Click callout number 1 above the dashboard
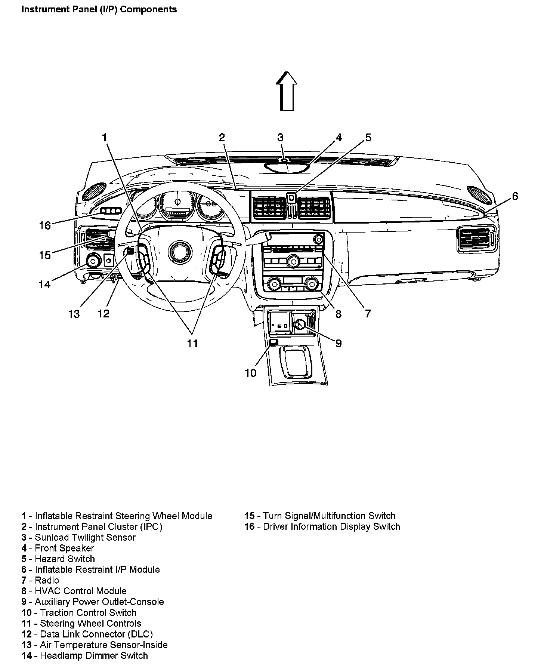click(105, 138)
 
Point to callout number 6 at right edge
click(515, 196)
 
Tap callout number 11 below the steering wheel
click(192, 343)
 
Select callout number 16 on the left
click(45, 225)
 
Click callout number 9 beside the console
click(339, 343)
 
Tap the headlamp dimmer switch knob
click(93, 260)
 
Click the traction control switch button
click(273, 342)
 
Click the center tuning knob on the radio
click(292, 261)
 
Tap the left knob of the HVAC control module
click(273, 283)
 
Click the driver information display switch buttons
click(111, 211)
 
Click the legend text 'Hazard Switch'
click(65, 559)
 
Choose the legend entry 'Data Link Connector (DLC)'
click(96, 634)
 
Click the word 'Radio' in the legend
click(47, 580)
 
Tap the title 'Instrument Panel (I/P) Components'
click(99, 9)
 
